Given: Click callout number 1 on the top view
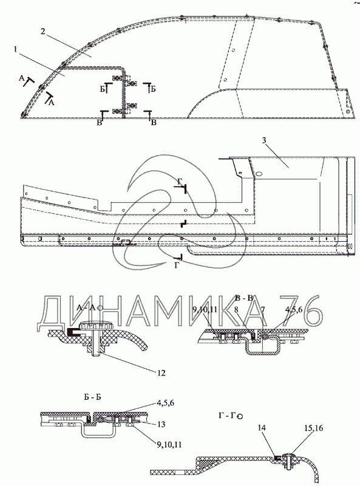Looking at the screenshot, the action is coord(16,49).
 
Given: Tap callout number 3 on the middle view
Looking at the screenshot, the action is coord(263,140).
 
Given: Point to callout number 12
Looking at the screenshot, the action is coord(161,372).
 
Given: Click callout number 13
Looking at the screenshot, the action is coord(161,424).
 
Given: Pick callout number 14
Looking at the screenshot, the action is coord(262,428).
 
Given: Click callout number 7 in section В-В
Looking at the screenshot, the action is coord(263,309).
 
